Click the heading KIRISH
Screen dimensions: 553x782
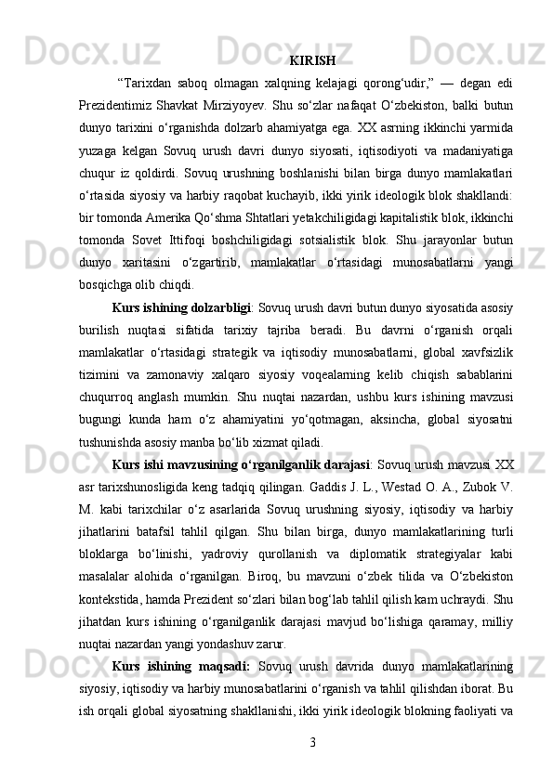312,62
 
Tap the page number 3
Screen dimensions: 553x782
312,742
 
